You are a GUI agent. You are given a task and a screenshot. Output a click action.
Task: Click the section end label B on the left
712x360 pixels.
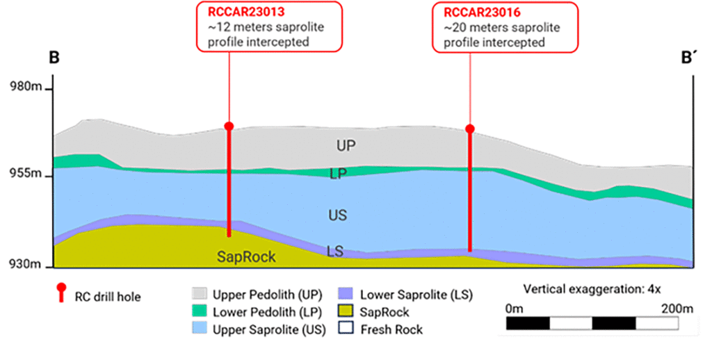point(53,58)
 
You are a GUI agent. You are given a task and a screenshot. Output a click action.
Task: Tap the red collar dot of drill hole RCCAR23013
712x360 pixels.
point(229,126)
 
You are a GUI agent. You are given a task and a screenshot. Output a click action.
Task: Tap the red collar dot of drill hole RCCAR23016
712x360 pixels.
point(470,129)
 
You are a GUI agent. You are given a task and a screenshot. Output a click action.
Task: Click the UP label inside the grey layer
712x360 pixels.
point(347,146)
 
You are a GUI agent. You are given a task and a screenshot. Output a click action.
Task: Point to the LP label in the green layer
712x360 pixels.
point(338,174)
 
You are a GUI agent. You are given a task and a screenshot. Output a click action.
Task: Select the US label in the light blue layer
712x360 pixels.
point(337,215)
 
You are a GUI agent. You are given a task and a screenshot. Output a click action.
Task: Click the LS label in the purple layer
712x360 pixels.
point(335,251)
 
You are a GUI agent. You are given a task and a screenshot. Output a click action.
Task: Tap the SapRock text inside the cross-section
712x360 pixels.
point(246,257)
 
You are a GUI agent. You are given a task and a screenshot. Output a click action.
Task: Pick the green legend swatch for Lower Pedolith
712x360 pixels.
point(200,311)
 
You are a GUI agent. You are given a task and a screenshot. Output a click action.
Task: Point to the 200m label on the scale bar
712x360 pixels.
point(677,308)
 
